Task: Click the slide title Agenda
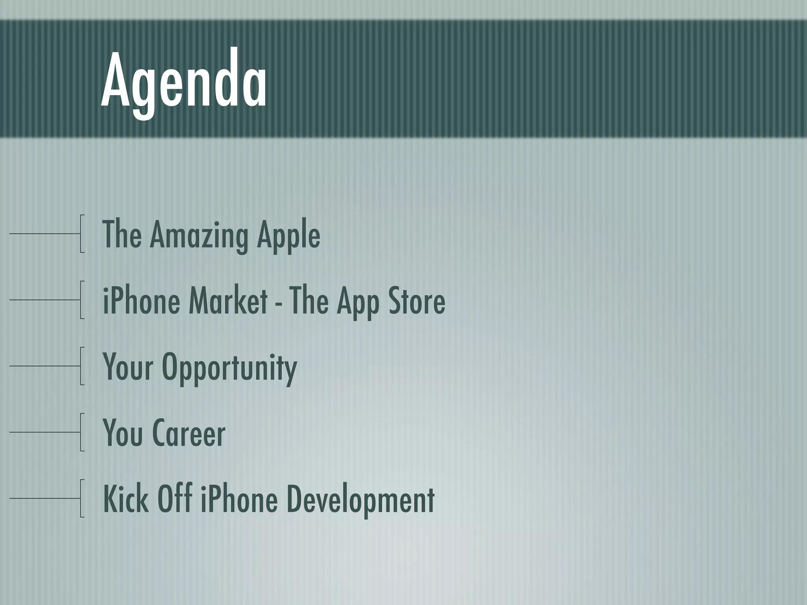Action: [x=184, y=83]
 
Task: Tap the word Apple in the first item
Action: [x=288, y=235]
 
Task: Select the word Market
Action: [x=228, y=301]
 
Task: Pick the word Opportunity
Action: [x=229, y=367]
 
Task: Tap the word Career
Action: [x=189, y=433]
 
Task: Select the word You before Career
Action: [x=123, y=433]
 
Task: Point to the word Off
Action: [x=175, y=499]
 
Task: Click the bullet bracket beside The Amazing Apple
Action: [x=81, y=234]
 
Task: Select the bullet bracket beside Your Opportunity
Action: [x=81, y=366]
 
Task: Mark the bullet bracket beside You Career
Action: [x=81, y=432]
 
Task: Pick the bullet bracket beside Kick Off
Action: [x=81, y=498]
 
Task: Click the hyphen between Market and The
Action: [x=279, y=303]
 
